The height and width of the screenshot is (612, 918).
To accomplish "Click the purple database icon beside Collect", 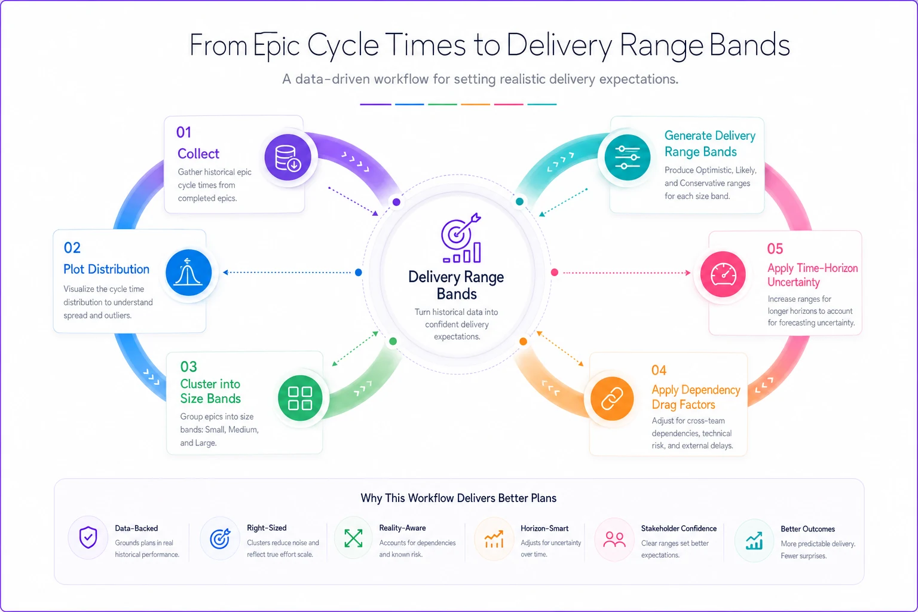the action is (x=287, y=157).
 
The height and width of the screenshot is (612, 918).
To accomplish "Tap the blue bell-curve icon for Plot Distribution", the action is (x=188, y=273).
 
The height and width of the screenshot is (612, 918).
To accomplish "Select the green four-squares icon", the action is (x=300, y=398).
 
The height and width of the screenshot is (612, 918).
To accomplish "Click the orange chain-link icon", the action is (x=612, y=399).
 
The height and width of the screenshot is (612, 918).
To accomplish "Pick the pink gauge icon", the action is (x=723, y=274).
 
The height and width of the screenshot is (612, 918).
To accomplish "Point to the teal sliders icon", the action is (x=627, y=157).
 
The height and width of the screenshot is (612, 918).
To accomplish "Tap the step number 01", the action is (x=183, y=133).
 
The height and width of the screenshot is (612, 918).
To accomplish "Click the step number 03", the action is (x=188, y=366).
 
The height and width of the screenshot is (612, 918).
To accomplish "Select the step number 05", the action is (x=775, y=249).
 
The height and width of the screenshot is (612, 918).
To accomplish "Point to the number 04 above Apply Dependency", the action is (x=659, y=370).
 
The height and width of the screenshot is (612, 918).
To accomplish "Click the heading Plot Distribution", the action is (x=106, y=270).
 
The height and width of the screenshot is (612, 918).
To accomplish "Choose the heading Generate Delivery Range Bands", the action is (x=710, y=143).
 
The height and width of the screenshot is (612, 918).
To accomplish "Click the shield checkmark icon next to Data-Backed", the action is (x=88, y=537).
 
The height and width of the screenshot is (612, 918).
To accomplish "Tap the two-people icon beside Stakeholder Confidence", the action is (x=614, y=540).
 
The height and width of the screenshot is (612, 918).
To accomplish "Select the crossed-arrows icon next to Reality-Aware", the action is (x=353, y=538).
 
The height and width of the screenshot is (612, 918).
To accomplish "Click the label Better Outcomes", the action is (x=807, y=529).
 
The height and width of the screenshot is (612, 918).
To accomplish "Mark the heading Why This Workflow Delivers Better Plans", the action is (x=458, y=498).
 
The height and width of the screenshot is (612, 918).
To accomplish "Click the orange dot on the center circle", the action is (x=524, y=341).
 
